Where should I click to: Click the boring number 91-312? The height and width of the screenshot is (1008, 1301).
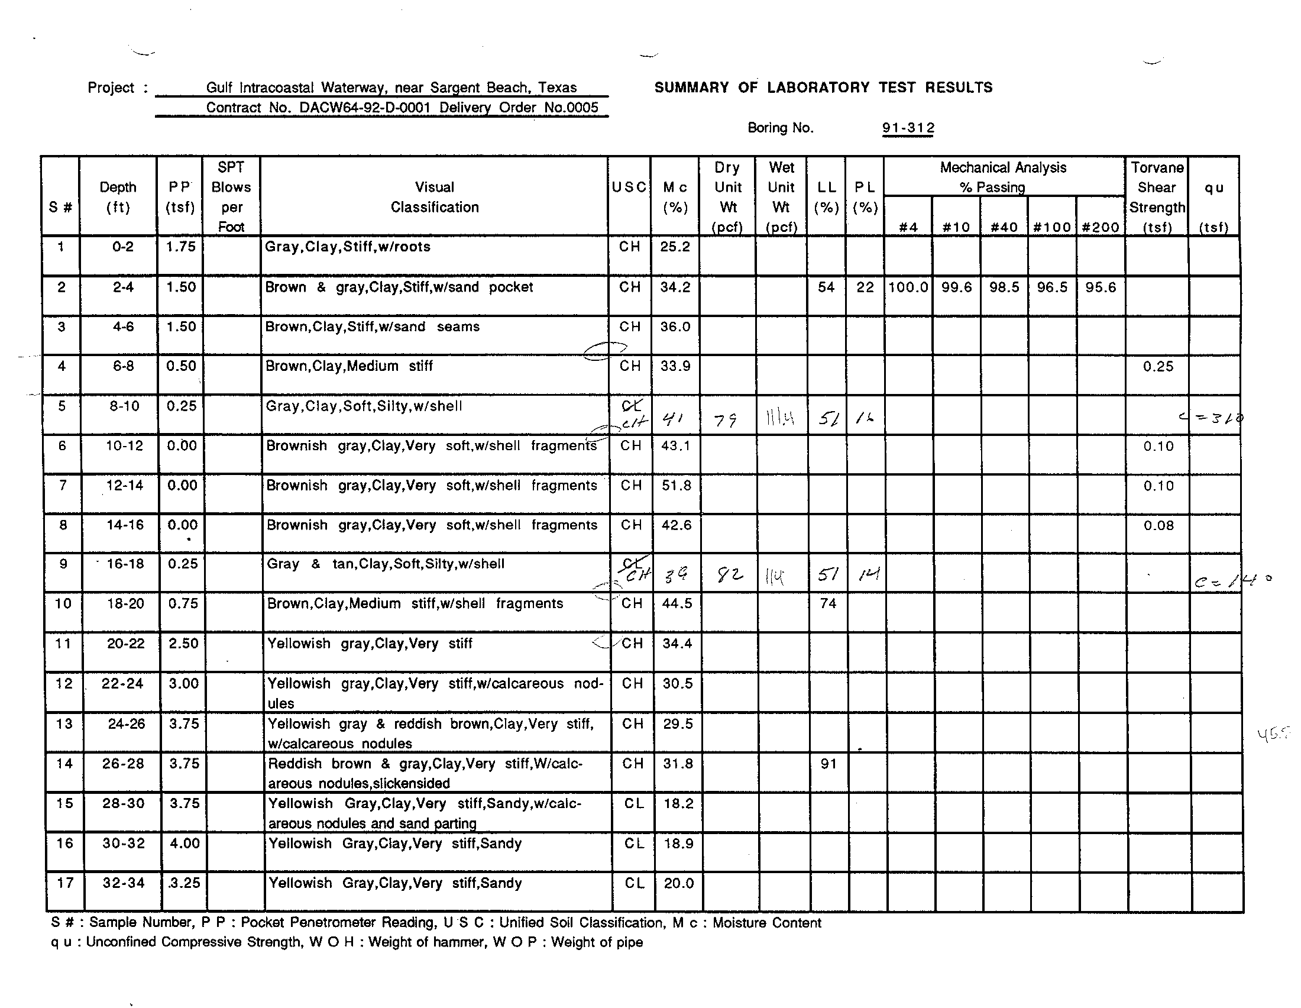908,128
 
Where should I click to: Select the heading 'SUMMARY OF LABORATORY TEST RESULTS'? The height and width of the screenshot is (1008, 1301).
823,88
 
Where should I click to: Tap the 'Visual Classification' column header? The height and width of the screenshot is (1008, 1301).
434,197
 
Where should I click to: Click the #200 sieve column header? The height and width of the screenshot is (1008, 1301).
1101,227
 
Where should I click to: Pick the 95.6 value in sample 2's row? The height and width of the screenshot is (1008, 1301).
1101,287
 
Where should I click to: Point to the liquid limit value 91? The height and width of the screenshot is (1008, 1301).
828,764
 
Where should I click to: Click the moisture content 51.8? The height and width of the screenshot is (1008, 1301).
676,486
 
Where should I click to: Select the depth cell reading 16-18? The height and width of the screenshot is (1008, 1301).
125,564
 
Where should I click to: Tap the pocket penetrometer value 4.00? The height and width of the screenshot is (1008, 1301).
185,843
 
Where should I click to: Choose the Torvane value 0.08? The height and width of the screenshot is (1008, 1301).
1158,525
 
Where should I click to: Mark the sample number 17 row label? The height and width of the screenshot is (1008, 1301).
65,883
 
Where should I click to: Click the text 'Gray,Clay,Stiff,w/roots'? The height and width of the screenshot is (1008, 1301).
347,247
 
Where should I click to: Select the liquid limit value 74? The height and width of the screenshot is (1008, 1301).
828,603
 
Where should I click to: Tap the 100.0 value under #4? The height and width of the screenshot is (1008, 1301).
908,287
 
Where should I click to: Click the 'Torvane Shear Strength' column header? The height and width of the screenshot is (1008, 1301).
1157,197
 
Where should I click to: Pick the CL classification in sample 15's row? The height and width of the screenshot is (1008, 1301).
633,804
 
